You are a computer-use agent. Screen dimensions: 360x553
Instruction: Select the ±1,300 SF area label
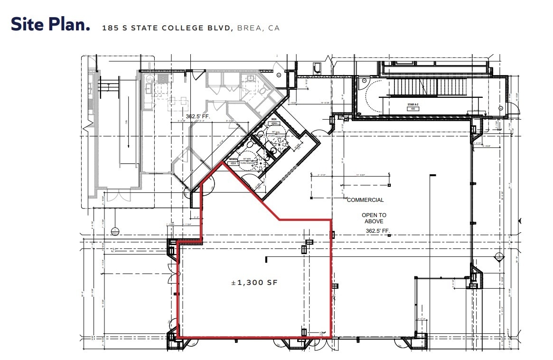click(254, 283)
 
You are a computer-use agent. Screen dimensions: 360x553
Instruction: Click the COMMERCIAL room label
click(365, 200)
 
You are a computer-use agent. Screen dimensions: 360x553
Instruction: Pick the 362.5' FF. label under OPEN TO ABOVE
click(378, 231)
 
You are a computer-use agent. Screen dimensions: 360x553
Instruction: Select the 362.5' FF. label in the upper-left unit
click(197, 115)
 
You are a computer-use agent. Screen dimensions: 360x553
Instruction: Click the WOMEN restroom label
click(234, 159)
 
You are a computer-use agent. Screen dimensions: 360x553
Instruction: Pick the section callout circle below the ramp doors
click(114, 232)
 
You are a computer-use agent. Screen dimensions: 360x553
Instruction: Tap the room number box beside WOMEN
click(233, 163)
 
